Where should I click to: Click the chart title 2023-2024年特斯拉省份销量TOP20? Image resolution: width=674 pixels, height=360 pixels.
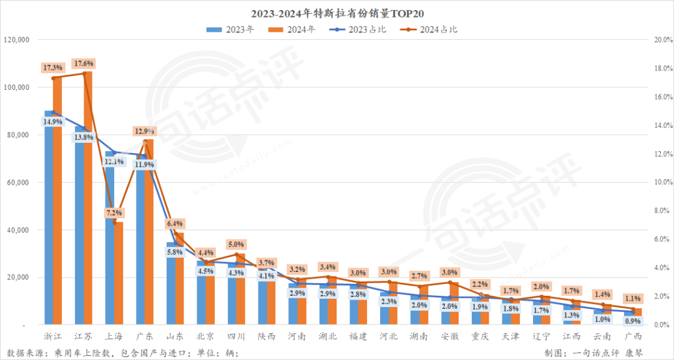[x=336, y=13]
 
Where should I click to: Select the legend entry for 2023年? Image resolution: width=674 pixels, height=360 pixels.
[x=231, y=29]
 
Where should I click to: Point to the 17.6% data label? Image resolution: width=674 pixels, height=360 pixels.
[x=84, y=64]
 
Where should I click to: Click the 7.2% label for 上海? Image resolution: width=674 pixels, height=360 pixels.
[x=114, y=213]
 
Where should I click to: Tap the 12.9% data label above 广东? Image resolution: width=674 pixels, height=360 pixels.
[x=144, y=131]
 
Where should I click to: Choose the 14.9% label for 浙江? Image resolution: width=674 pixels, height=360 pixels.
[x=52, y=122]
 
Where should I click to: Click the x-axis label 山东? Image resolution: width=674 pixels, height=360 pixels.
[x=175, y=336]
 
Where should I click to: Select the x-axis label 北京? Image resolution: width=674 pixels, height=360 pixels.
[x=205, y=336]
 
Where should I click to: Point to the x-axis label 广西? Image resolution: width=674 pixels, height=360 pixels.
[x=633, y=336]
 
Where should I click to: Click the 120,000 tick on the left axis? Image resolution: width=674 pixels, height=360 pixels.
[x=16, y=40]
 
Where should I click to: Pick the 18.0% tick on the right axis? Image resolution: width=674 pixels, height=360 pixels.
[x=662, y=69]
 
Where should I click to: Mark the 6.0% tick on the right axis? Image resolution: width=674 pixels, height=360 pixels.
[x=662, y=240]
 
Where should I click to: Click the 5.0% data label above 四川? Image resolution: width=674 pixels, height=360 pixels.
[x=236, y=245]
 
